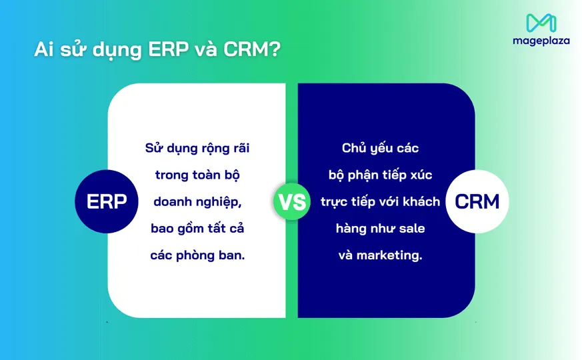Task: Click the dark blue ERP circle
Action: [x=107, y=201]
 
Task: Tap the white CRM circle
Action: [x=477, y=201]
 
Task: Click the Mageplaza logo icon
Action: [x=541, y=23]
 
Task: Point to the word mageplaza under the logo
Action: [x=541, y=41]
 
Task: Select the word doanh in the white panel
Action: [x=173, y=201]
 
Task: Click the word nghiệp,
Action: [x=218, y=201]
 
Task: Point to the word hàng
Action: [x=351, y=229]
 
